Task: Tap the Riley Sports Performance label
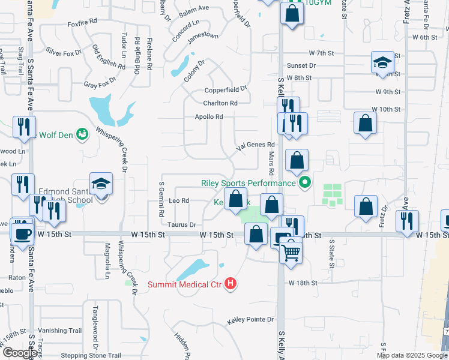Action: [248, 182]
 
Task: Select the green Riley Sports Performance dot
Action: [305, 182]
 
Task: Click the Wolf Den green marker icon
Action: [82, 134]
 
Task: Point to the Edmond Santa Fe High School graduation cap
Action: [101, 184]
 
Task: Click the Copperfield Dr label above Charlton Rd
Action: [226, 89]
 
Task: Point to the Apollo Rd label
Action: [209, 116]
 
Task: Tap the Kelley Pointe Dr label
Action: [250, 320]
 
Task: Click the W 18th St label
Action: [302, 282]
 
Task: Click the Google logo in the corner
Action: [20, 353]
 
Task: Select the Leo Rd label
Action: [179, 200]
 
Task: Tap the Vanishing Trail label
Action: [59, 331]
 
